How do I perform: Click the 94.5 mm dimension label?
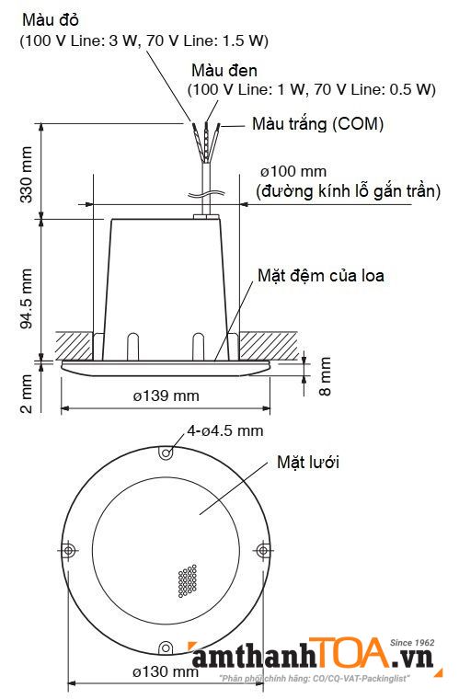click(26, 299)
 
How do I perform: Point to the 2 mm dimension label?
click(26, 392)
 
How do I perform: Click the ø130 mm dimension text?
click(164, 671)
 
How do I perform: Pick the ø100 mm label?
click(293, 172)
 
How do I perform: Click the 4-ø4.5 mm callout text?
click(225, 430)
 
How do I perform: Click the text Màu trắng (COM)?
click(317, 123)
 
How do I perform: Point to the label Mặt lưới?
click(308, 462)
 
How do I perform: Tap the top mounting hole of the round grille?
click(165, 453)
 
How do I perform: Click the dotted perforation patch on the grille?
click(189, 579)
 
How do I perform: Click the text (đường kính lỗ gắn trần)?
click(347, 191)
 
